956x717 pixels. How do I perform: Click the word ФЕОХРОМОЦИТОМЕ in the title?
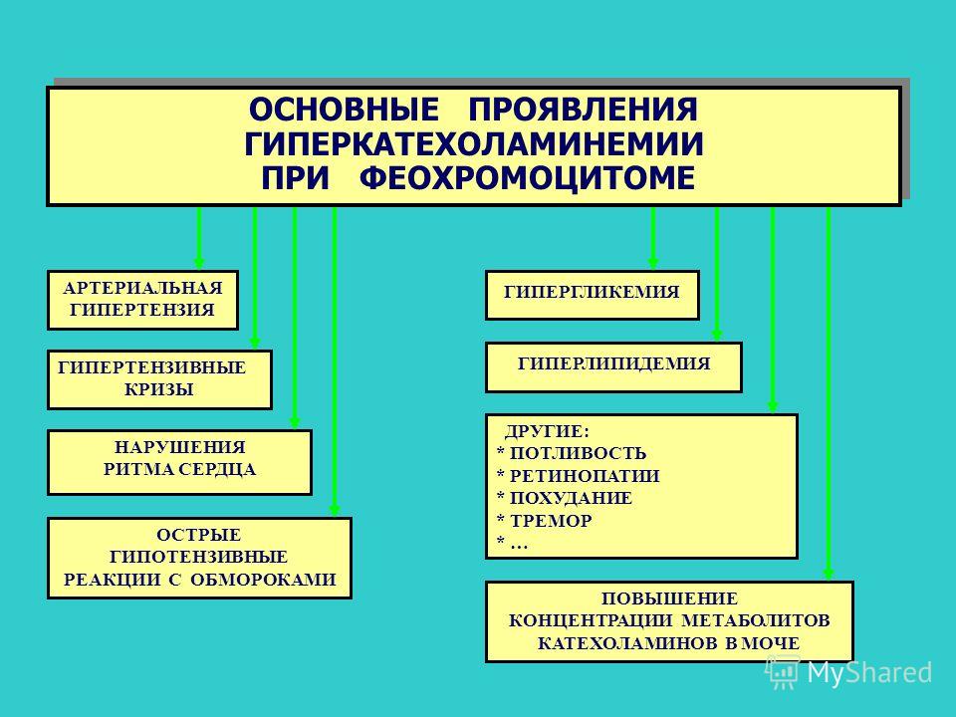tap(527, 178)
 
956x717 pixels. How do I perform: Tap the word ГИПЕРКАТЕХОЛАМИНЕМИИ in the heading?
tap(474, 144)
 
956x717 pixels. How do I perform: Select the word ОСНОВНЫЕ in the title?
tap(344, 110)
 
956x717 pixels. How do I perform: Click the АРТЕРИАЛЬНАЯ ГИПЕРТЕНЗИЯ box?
tap(142, 300)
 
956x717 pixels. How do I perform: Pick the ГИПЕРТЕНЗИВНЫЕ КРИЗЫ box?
tap(159, 379)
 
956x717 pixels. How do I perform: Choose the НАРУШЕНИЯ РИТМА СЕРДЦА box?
tap(180, 462)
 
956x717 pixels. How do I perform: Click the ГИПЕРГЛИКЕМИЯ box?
tap(592, 295)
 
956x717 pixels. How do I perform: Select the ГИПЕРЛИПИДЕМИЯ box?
tap(613, 367)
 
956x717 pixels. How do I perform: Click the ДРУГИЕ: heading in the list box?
tap(547, 431)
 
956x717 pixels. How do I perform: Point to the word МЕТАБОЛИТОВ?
tap(756, 620)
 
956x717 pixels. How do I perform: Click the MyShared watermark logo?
tap(848, 672)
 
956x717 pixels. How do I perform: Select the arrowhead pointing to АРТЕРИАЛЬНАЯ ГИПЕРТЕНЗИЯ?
tap(199, 263)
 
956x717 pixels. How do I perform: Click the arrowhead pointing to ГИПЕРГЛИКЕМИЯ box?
tap(653, 263)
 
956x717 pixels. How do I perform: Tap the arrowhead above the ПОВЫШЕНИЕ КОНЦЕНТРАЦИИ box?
tap(828, 575)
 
